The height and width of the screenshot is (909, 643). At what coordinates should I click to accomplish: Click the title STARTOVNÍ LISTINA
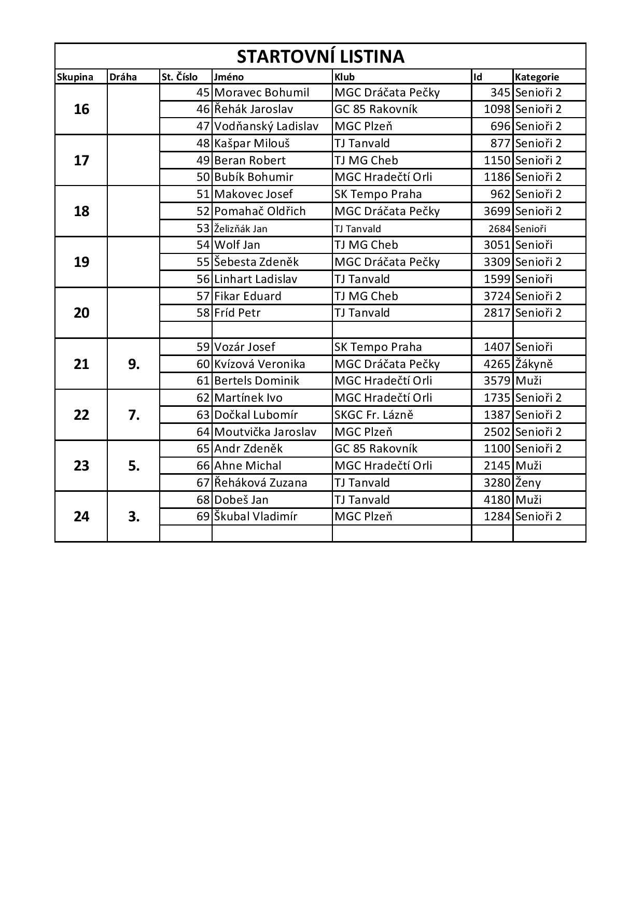(320, 56)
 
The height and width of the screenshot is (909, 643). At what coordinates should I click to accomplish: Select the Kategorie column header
(537, 77)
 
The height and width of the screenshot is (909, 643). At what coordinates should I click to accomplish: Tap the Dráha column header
(123, 77)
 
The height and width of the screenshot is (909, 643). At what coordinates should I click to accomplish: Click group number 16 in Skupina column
(81, 109)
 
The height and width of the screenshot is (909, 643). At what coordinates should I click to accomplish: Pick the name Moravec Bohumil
(261, 93)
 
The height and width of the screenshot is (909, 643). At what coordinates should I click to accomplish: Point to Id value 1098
(497, 109)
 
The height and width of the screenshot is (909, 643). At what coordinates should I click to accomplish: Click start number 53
(203, 229)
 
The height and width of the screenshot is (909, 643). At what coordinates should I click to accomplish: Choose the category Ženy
(528, 482)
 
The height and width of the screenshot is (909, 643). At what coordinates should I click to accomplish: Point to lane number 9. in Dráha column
(134, 364)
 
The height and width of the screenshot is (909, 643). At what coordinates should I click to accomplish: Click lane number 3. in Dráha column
(134, 517)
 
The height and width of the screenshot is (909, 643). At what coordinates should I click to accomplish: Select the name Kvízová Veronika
(260, 364)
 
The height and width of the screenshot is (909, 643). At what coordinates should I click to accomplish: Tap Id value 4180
(497, 500)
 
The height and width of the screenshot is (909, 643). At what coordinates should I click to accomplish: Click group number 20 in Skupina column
(81, 313)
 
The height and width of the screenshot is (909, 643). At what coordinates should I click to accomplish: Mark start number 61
(203, 380)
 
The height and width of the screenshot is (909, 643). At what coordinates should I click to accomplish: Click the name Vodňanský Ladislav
(266, 126)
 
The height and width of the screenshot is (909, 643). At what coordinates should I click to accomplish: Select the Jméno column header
(229, 77)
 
